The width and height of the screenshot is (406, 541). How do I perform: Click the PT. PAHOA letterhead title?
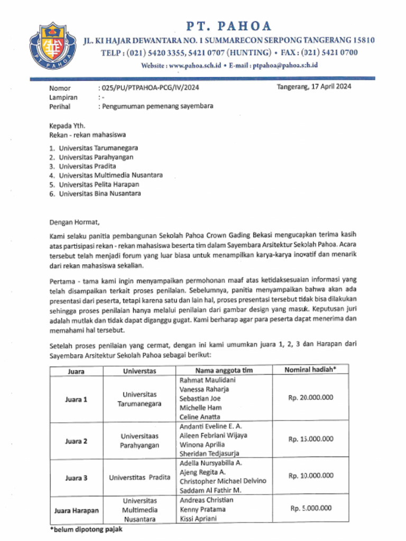(228, 26)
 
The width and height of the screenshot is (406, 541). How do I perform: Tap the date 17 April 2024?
(314, 87)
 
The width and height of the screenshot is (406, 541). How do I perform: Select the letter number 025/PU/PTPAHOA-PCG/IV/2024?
(150, 88)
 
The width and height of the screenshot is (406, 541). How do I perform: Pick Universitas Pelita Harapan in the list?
(99, 184)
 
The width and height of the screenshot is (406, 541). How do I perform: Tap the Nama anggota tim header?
(224, 370)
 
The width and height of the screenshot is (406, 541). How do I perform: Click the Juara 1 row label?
(76, 399)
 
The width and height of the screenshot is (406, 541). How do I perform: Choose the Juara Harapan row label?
(76, 510)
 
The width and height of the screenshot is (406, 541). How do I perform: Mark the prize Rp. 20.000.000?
(310, 398)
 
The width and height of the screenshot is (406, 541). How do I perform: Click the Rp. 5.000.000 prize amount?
(311, 508)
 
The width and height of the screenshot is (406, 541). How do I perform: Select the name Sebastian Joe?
(200, 398)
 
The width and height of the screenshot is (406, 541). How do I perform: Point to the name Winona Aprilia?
(202, 444)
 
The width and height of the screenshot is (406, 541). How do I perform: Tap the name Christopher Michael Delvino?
(223, 481)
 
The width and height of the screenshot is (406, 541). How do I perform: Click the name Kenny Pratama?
(202, 509)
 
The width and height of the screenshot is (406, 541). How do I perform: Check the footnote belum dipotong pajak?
(86, 529)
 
